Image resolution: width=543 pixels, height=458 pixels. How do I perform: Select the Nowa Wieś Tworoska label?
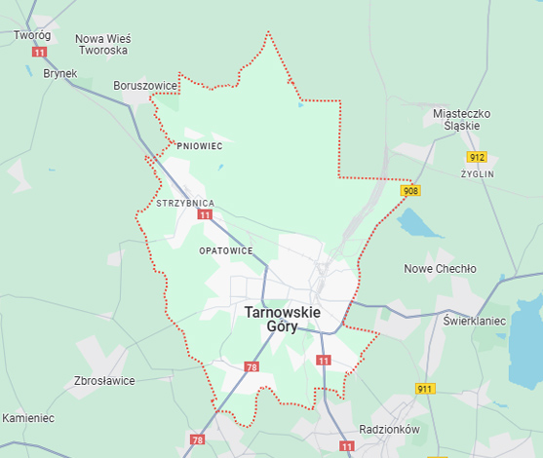point(103,44)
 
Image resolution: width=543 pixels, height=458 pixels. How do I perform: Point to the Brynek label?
point(59,73)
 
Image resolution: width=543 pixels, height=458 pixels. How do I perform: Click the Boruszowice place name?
point(145,86)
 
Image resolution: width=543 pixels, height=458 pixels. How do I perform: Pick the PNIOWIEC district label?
point(200,146)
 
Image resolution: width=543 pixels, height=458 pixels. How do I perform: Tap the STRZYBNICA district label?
point(185,204)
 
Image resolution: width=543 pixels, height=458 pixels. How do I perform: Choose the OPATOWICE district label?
point(225,250)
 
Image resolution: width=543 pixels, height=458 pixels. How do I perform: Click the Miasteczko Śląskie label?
point(462,121)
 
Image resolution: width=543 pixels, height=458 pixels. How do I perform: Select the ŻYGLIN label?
point(478,173)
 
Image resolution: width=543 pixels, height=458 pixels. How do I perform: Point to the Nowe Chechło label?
point(440,269)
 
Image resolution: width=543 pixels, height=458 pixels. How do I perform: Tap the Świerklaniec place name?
point(474,320)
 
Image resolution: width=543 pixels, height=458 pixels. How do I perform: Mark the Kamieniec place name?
point(28,418)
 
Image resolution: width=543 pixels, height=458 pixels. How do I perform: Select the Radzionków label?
point(388,429)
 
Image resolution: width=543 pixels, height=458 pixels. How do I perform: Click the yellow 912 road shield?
point(476,157)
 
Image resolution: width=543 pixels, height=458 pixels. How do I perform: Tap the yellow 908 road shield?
point(410,192)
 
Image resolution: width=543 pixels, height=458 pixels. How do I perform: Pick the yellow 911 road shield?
point(424,389)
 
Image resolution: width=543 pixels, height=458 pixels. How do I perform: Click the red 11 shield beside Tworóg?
point(39,52)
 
